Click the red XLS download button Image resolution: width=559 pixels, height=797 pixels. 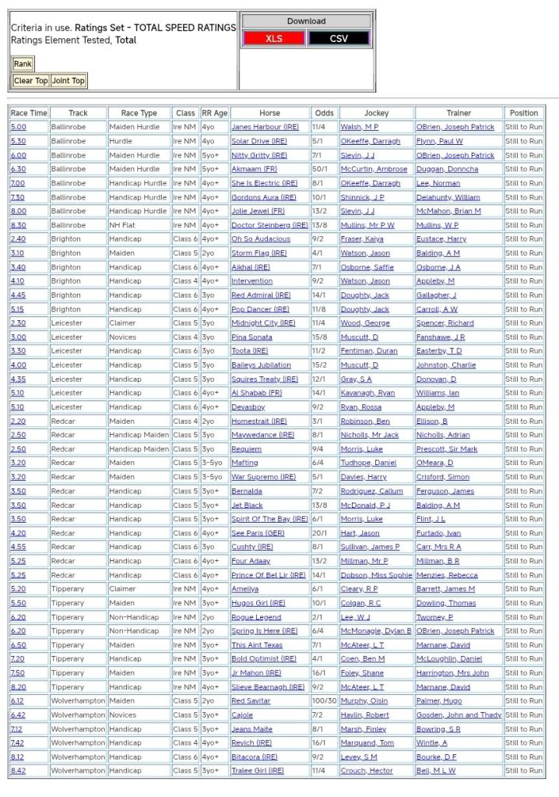click(273, 38)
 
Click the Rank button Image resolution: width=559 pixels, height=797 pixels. click(23, 64)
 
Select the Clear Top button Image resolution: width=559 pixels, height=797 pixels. click(30, 81)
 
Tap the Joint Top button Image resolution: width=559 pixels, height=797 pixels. click(69, 81)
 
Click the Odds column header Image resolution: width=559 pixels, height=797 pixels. click(325, 113)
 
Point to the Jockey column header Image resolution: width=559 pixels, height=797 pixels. click(376, 113)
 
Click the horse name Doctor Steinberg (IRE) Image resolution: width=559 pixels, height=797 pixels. click(269, 225)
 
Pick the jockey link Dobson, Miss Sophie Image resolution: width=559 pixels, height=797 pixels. click(376, 575)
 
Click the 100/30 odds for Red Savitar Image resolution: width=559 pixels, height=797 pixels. click(324, 701)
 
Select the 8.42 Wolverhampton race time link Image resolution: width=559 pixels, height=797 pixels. click(18, 771)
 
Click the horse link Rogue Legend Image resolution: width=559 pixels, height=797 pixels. click(256, 617)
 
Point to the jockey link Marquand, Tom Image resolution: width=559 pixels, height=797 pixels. click(367, 743)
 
